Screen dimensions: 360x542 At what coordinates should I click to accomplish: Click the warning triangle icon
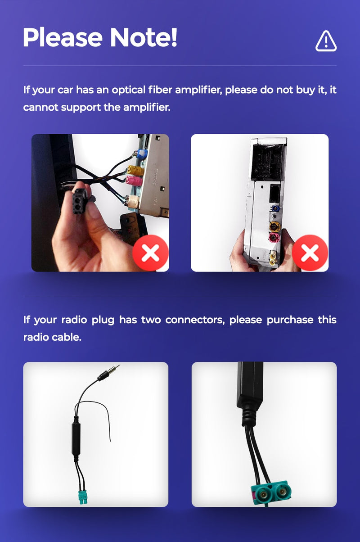click(326, 41)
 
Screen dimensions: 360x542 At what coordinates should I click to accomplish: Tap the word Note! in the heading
click(144, 37)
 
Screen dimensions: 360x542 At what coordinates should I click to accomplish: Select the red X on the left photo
click(150, 253)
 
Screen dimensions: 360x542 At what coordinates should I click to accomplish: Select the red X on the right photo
click(310, 253)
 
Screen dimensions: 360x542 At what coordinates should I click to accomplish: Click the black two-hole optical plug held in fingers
click(80, 201)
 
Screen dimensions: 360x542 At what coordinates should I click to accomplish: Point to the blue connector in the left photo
click(142, 154)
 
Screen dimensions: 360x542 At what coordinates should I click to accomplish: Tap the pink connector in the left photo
click(134, 181)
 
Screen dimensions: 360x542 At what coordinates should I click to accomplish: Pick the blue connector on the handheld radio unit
click(275, 208)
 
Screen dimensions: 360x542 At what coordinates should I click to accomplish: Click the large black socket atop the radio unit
click(268, 162)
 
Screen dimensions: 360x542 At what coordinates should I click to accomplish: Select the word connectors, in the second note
click(194, 320)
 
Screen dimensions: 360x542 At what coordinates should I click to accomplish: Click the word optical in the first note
click(128, 90)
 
